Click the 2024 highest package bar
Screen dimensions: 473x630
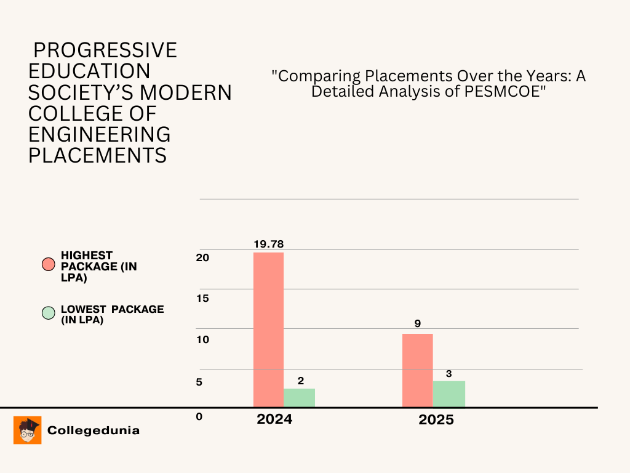coord(268,329)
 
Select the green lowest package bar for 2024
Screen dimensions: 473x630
coord(299,397)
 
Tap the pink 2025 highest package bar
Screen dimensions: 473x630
coord(417,370)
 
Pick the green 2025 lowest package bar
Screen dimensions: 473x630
coord(449,394)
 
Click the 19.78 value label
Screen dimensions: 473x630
coord(269,245)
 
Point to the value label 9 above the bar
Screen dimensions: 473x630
coord(417,323)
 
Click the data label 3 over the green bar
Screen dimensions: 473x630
coord(449,373)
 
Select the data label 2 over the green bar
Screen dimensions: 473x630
coord(301,381)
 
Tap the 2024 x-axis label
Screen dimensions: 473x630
coord(274,419)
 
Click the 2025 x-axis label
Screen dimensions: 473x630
coord(436,420)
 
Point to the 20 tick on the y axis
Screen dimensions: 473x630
coord(203,257)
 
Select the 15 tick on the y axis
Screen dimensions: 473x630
coord(202,299)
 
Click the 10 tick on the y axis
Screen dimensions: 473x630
coord(202,340)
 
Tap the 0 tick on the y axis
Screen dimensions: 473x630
coord(199,417)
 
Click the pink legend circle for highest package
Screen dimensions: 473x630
coord(48,265)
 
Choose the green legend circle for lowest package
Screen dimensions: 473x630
coord(48,313)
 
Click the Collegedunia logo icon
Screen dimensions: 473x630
coord(28,430)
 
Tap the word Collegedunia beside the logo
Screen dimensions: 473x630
coord(94,431)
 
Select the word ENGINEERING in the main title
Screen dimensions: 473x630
coord(100,134)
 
